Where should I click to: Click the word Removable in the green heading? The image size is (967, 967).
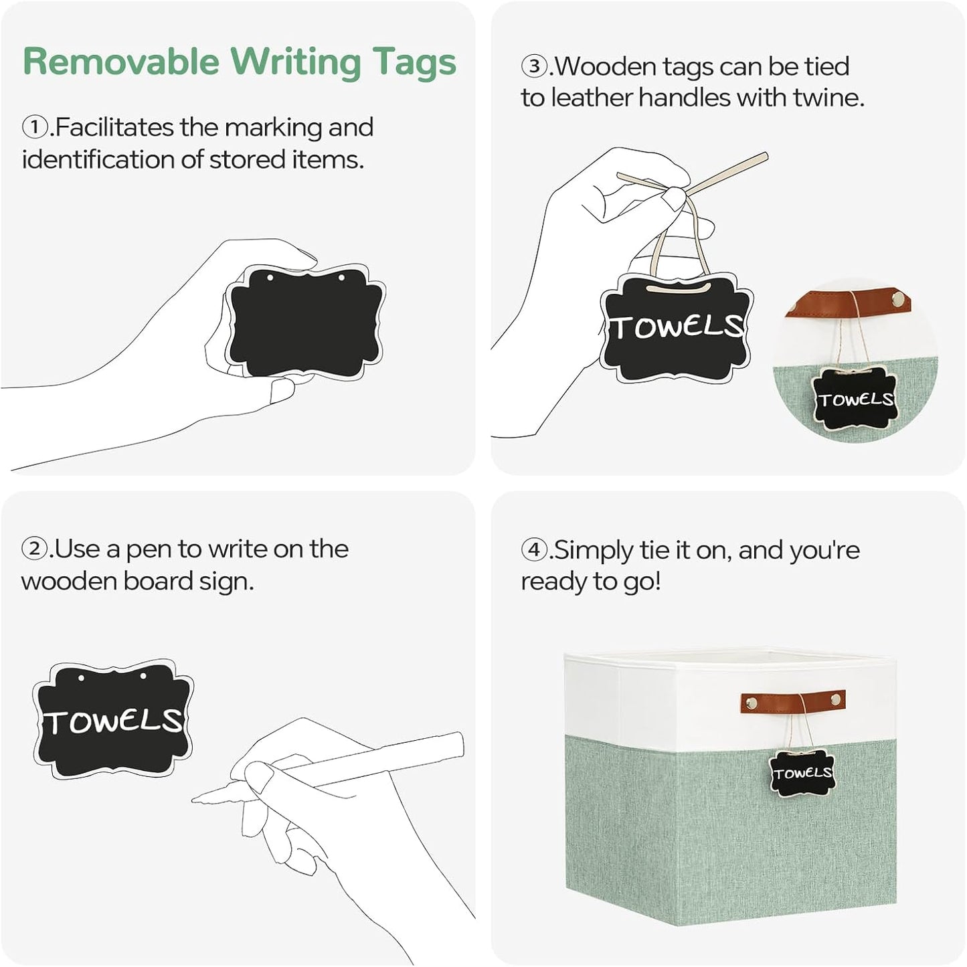pos(121,62)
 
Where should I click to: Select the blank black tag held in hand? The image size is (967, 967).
pos(305,322)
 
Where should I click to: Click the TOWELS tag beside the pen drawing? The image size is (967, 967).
pos(113,719)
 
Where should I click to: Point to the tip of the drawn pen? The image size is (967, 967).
pos(193,799)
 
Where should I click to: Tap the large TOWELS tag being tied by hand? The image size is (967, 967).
pos(677,327)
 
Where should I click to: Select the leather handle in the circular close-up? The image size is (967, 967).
pos(848,302)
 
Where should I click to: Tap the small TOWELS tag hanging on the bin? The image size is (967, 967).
pos(802,773)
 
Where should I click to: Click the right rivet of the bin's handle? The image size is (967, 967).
pos(836,699)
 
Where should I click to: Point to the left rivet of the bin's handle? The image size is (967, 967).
pos(752,702)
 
